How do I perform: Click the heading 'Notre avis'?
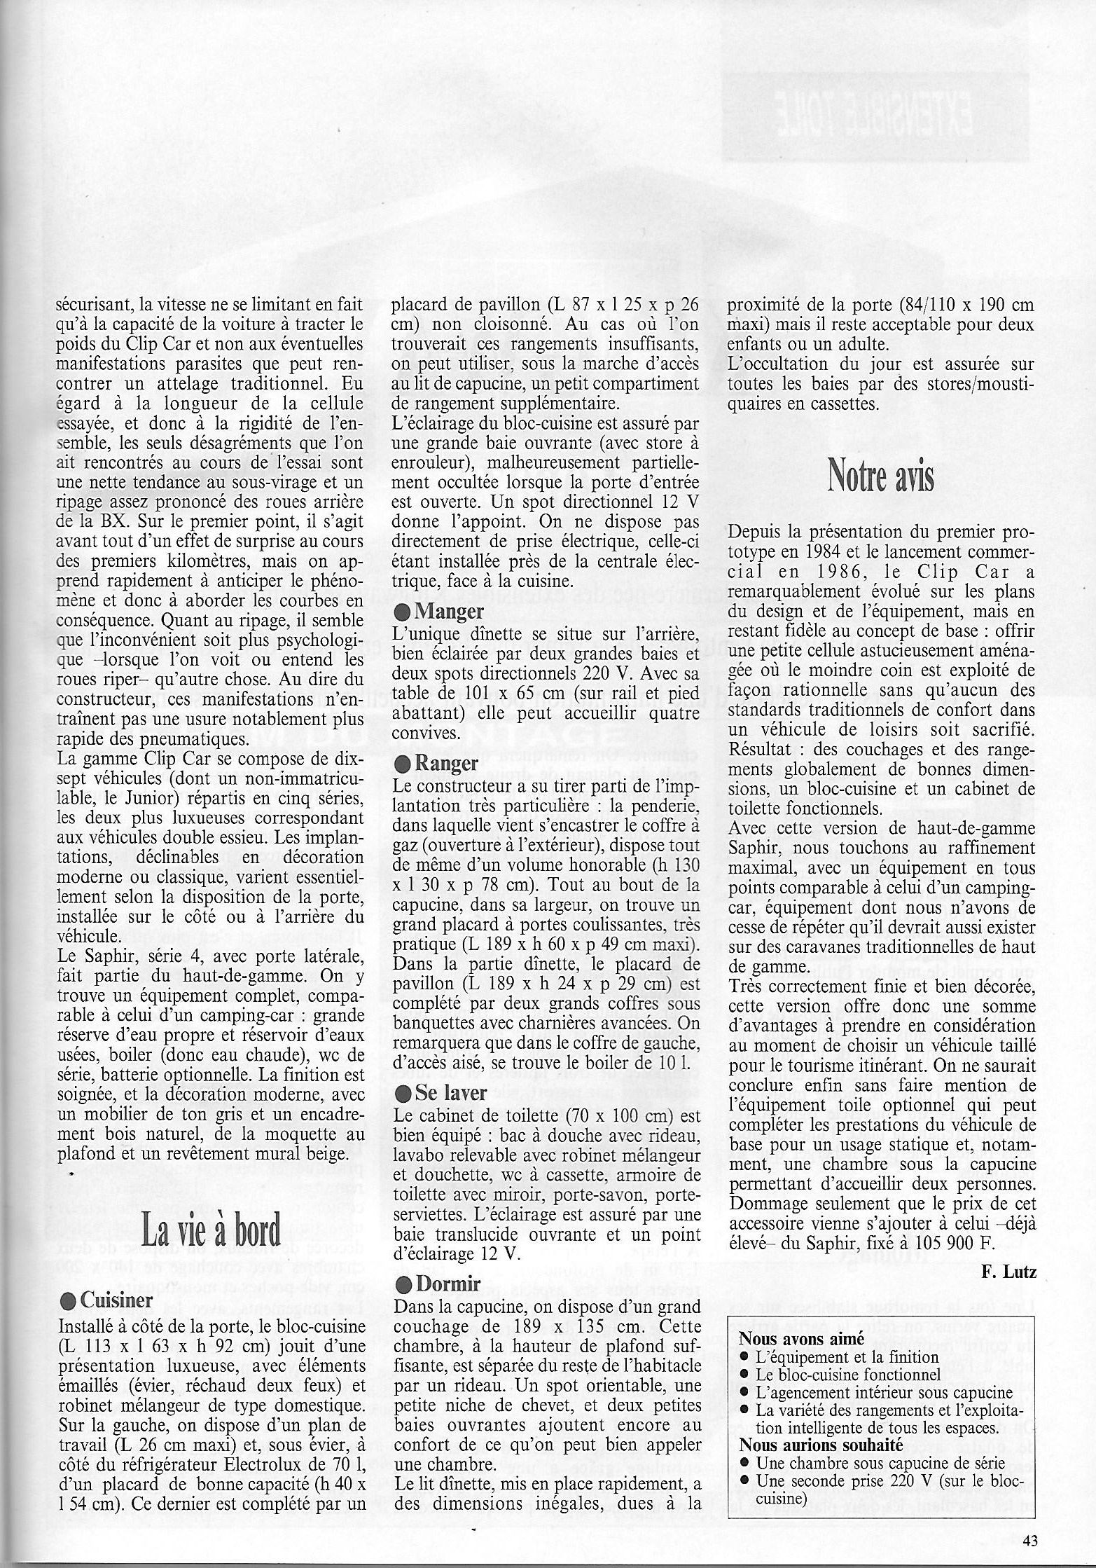pyautogui.click(x=881, y=475)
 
